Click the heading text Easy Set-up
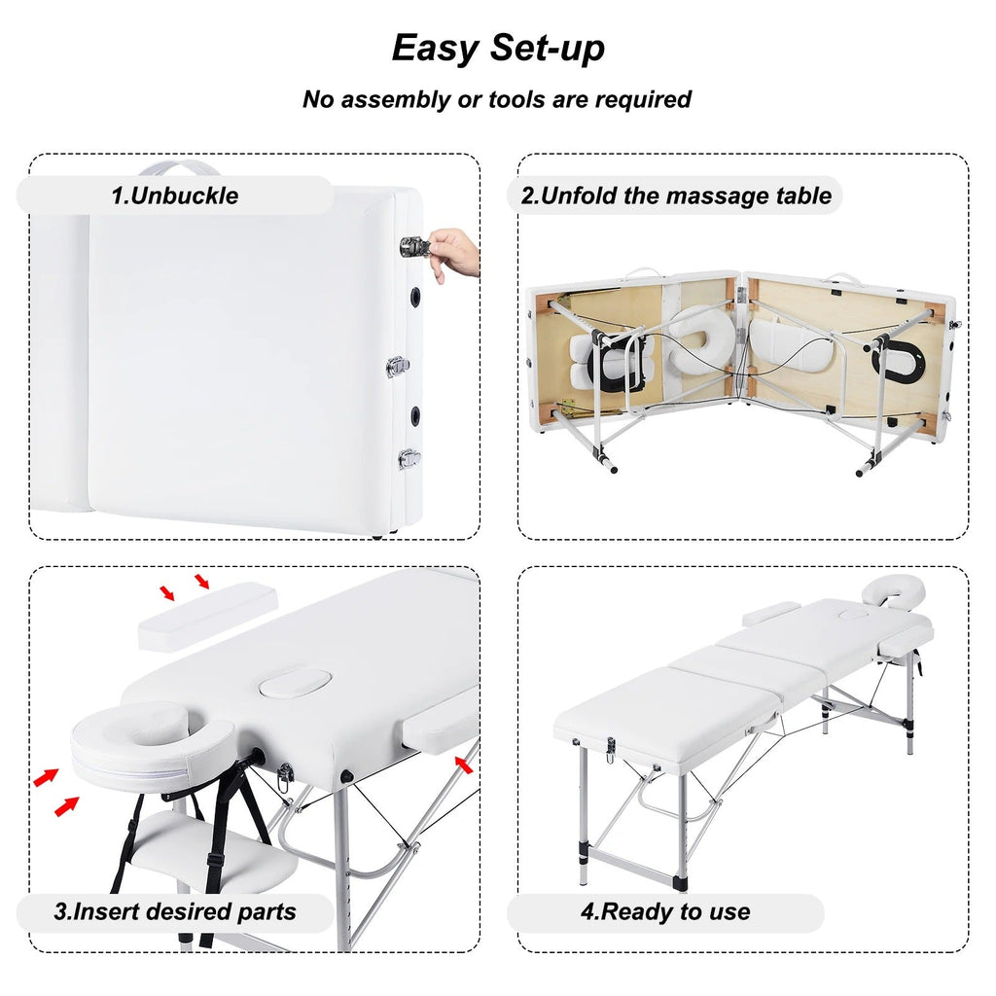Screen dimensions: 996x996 (497, 48)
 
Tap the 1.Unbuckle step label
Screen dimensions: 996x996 (175, 195)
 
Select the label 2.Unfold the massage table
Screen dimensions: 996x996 (676, 195)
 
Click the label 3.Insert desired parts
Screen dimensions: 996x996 (175, 912)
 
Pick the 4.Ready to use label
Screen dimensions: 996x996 (665, 912)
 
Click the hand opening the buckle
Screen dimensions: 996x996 (453, 254)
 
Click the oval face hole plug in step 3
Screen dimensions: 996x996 (295, 683)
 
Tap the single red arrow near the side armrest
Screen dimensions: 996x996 (464, 765)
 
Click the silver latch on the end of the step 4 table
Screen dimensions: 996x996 (611, 749)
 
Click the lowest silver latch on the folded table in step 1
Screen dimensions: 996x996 (409, 457)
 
